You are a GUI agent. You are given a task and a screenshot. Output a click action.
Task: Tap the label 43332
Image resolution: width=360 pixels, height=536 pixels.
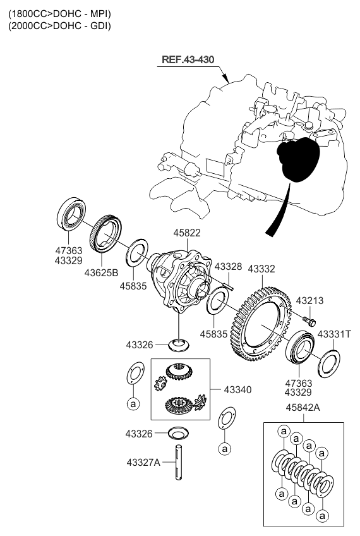[x=261, y=269]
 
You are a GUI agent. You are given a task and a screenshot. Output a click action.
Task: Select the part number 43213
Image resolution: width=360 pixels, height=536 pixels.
[x=309, y=301]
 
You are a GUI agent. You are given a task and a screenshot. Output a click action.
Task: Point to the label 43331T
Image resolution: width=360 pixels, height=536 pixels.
[x=333, y=334]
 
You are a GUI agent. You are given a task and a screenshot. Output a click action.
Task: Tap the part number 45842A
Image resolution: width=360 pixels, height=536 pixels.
[x=303, y=408]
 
